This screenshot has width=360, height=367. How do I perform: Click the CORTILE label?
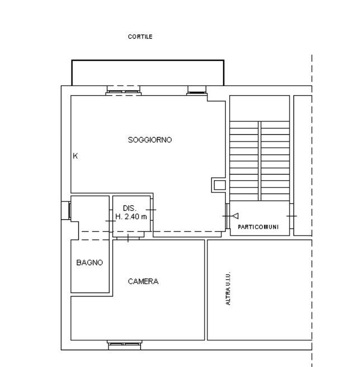click(140, 36)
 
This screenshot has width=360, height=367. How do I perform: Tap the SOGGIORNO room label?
click(150, 140)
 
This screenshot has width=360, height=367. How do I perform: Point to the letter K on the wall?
click(75, 156)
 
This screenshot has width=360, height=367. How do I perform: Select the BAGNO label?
click(89, 262)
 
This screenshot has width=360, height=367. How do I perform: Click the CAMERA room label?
click(143, 281)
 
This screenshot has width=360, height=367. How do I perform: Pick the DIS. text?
click(130, 208)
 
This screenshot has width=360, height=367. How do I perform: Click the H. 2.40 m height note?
click(131, 217)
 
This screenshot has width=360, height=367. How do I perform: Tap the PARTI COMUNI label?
click(258, 227)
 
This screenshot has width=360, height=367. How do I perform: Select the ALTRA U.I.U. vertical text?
click(228, 288)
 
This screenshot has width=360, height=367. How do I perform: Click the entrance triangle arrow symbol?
click(235, 216)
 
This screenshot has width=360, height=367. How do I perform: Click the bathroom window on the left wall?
click(69, 210)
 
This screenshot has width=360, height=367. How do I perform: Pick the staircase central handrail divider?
click(259, 161)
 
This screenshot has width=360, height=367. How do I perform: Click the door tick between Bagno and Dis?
click(111, 221)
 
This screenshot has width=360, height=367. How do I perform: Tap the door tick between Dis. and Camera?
click(128, 238)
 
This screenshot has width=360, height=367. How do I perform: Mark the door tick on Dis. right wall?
click(151, 210)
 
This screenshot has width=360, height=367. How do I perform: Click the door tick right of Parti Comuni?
click(292, 216)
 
